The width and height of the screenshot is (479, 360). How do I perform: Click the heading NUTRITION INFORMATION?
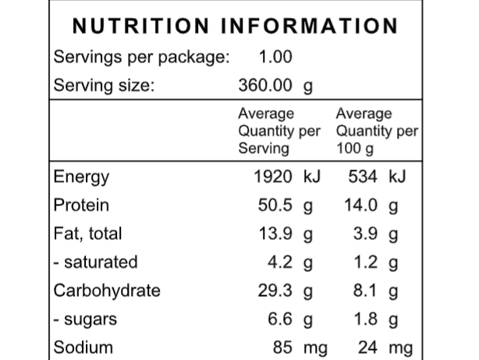pos(235,27)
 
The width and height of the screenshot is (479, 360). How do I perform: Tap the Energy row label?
pos(81,177)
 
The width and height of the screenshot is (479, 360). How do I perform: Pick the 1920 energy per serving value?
pos(274,177)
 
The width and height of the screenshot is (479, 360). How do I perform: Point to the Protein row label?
pos(81,206)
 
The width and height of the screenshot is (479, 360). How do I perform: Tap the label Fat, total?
pos(87,233)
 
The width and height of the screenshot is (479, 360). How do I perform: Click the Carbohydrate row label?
pos(107,290)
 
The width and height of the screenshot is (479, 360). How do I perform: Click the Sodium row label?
pos(83,347)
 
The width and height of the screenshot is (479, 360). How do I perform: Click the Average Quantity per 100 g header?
pos(376,130)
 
